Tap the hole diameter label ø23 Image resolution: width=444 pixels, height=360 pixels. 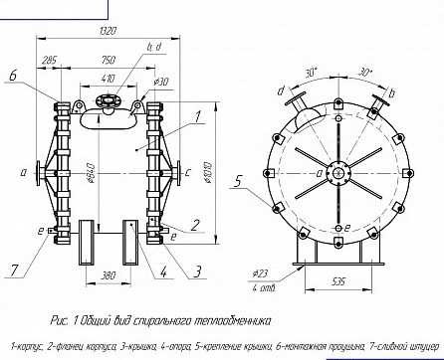(262, 272)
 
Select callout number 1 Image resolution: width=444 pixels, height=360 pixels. (200, 116)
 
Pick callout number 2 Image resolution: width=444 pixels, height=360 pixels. (195, 225)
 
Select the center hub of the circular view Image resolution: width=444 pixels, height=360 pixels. (339, 173)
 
